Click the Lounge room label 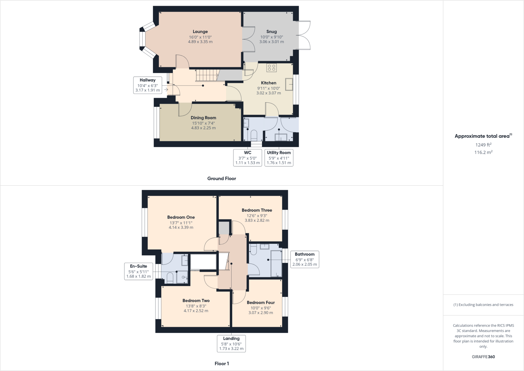(x=200, y=32)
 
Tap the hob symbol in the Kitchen (x=271, y=68)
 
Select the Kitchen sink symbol (x=289, y=84)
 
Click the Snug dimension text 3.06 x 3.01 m (x=271, y=42)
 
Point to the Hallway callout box (x=148, y=85)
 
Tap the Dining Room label (x=203, y=118)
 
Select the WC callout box (x=247, y=157)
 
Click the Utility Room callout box (x=279, y=157)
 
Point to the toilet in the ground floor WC (x=254, y=135)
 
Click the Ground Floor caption (x=222, y=178)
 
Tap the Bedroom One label (x=181, y=217)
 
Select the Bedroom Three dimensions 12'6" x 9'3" (x=257, y=216)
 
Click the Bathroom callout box (x=304, y=259)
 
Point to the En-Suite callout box (x=138, y=271)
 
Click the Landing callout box (x=231, y=343)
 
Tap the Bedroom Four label (x=260, y=302)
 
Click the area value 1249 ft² (x=483, y=145)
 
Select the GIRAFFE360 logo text (x=483, y=357)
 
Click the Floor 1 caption (x=222, y=364)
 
